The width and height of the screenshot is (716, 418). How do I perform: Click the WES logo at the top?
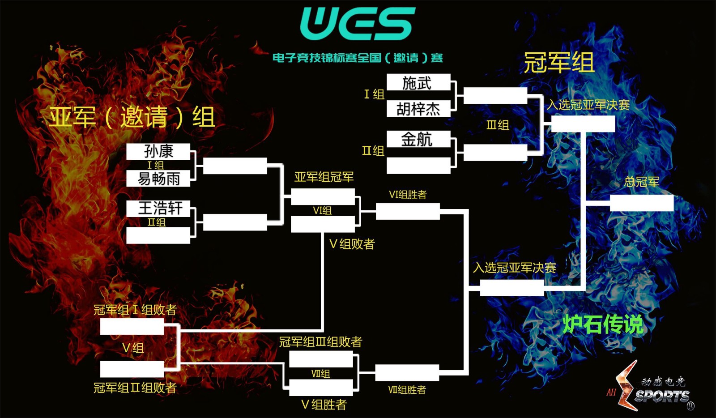[357, 24]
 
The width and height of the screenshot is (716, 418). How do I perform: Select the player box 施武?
[418, 83]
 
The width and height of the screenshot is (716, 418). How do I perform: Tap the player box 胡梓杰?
[418, 109]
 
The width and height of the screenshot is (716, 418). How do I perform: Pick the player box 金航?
[418, 139]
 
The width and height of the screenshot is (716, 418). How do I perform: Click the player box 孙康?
[158, 151]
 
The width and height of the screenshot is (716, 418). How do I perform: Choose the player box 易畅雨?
[158, 179]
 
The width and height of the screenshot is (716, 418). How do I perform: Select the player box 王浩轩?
[158, 208]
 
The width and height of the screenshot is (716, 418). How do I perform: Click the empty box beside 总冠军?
[641, 203]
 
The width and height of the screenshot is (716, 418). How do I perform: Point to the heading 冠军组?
[559, 62]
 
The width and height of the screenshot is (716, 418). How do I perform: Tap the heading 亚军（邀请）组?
[132, 117]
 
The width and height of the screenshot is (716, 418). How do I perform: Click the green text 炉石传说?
[602, 324]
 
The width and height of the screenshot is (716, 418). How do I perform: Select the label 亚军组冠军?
[324, 177]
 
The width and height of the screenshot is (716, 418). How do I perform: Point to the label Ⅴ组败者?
[352, 244]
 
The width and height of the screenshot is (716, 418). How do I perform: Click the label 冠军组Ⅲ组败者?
[320, 342]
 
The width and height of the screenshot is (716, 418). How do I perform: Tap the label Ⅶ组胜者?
[407, 390]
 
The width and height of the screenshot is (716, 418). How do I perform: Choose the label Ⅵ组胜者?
[408, 195]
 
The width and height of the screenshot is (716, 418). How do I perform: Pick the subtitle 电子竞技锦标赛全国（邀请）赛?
[358, 58]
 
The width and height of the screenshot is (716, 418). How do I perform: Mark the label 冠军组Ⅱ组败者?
[135, 388]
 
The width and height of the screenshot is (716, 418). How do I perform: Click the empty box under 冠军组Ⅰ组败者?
[132, 326]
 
